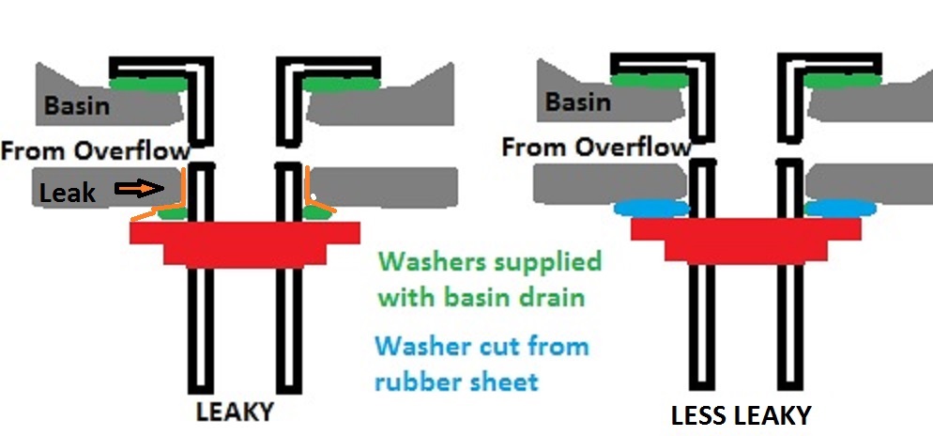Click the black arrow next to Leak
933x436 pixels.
pyautogui.click(x=135, y=190)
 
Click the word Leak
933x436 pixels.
pyautogui.click(x=68, y=193)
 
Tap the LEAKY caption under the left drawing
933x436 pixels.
pyautogui.click(x=235, y=411)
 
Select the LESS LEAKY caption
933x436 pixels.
pyautogui.click(x=741, y=415)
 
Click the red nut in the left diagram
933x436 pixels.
pyautogui.click(x=245, y=240)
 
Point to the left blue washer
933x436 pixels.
pyautogui.click(x=650, y=208)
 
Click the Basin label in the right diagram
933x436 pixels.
pyautogui.click(x=579, y=101)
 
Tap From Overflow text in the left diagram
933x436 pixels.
pyautogui.click(x=96, y=149)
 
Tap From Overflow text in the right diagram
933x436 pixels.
pyautogui.click(x=596, y=147)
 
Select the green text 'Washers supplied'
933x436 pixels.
pyautogui.click(x=488, y=260)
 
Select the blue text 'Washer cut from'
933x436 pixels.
pyautogui.click(x=482, y=346)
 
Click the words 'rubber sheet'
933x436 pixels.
pyautogui.click(x=456, y=381)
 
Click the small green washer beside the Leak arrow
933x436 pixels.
pyautogui.click(x=171, y=214)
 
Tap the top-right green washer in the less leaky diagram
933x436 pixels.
pyautogui.click(x=843, y=82)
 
